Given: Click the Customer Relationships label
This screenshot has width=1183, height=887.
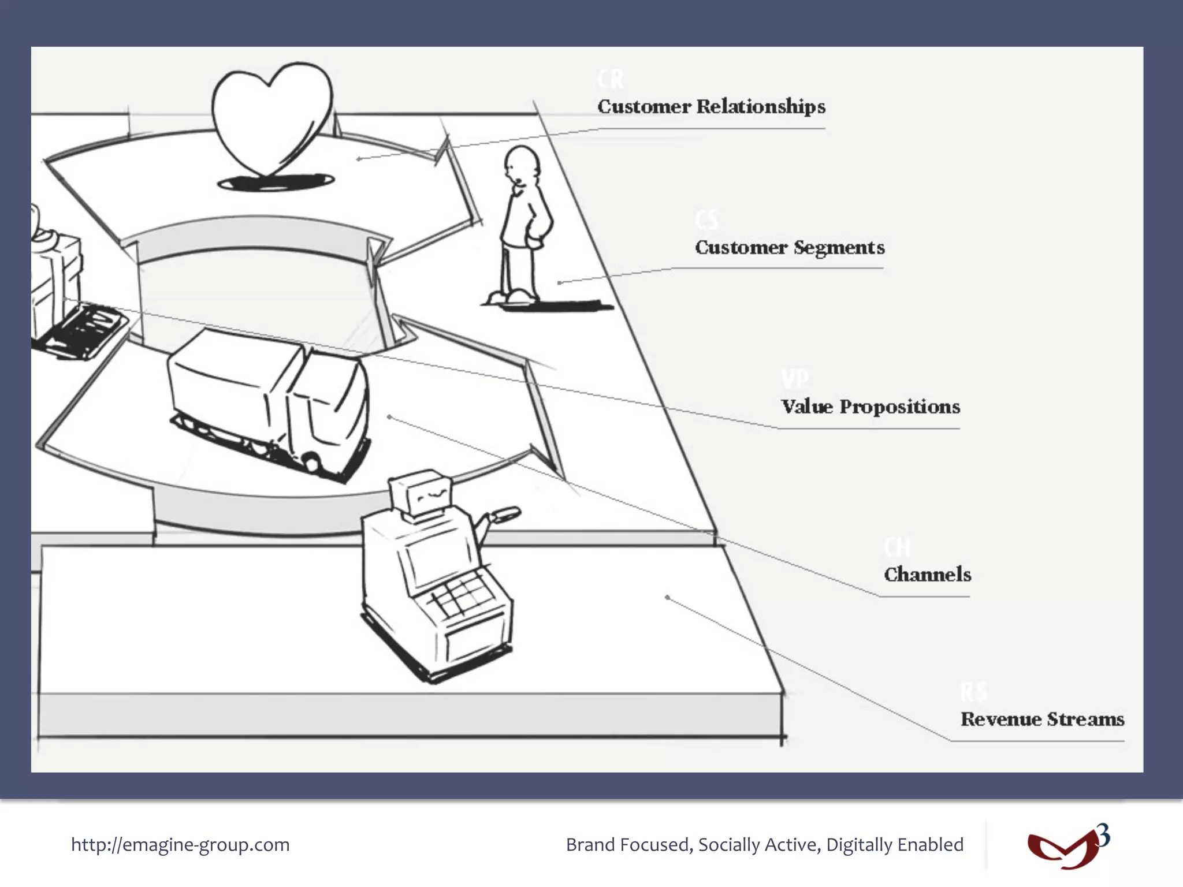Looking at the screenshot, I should pyautogui.click(x=711, y=107).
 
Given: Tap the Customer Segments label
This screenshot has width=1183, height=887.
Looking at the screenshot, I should pyautogui.click(x=790, y=248).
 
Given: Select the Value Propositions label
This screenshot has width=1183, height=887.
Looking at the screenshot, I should pyautogui.click(x=870, y=407).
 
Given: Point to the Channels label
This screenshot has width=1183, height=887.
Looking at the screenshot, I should pyautogui.click(x=927, y=575).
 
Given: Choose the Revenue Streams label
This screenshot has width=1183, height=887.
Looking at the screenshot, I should pyautogui.click(x=1042, y=720).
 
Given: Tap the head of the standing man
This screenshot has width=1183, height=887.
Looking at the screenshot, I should pyautogui.click(x=522, y=164).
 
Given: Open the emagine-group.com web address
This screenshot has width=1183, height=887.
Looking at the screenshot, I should pyautogui.click(x=180, y=845).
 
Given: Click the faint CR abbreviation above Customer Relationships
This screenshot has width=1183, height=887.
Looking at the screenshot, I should pyautogui.click(x=611, y=79).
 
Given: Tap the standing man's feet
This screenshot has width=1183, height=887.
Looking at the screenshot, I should pyautogui.click(x=512, y=297).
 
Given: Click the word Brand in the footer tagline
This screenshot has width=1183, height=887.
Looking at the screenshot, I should pyautogui.click(x=590, y=845).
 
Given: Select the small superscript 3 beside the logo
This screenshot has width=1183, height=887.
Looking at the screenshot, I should pyautogui.click(x=1103, y=835).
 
